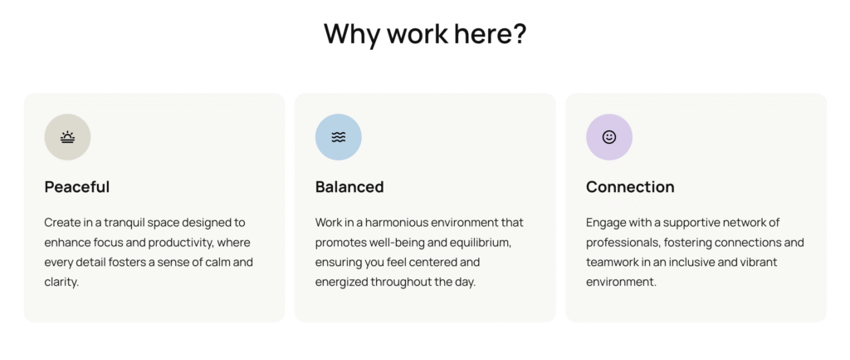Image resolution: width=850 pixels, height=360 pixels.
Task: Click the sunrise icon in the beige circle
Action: (x=67, y=137)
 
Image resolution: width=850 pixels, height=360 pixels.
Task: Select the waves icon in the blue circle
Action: (x=339, y=137)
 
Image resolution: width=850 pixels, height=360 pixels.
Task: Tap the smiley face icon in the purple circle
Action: (x=609, y=137)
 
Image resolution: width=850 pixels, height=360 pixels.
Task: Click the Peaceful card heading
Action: (x=77, y=187)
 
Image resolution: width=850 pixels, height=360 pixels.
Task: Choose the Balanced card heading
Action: (x=349, y=187)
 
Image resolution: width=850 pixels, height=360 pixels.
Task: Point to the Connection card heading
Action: (x=631, y=187)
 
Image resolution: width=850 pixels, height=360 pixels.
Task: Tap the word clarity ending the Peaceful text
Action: (x=61, y=283)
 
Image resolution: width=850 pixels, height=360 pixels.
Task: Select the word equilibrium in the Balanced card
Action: (x=481, y=242)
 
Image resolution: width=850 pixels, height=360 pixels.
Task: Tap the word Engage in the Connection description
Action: (x=604, y=223)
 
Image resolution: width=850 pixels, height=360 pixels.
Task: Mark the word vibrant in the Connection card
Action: (x=760, y=262)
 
